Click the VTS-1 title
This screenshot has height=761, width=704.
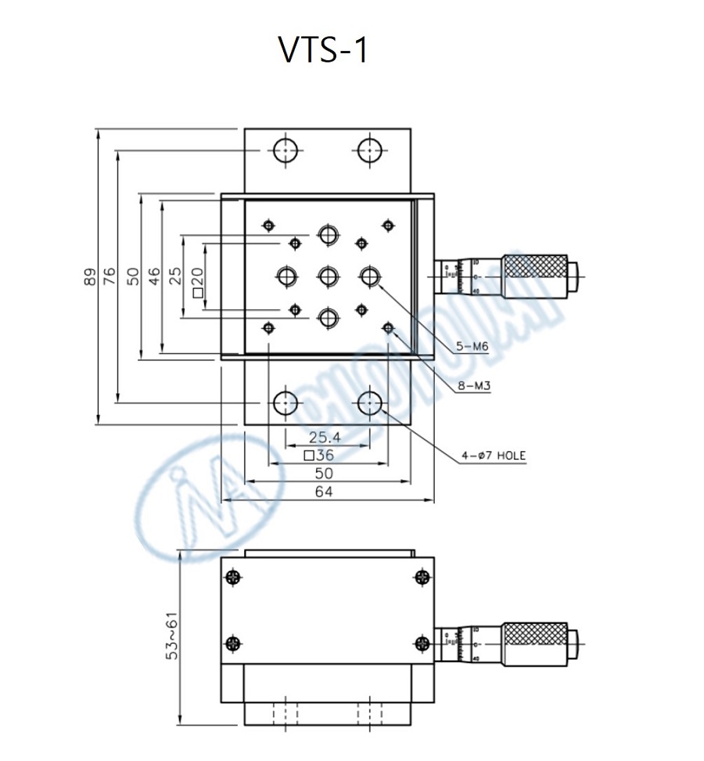point(322,50)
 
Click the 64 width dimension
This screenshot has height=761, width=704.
point(324,492)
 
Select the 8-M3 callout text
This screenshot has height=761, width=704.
point(472,385)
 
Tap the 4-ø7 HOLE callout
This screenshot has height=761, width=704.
point(493,455)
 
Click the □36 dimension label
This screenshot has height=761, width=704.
point(318,455)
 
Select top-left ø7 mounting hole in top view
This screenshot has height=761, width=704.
point(286,149)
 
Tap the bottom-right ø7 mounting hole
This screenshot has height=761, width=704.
point(370,404)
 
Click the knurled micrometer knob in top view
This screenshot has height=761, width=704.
point(534,276)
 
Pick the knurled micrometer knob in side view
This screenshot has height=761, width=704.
point(534,644)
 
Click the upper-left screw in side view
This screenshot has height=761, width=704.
point(232,578)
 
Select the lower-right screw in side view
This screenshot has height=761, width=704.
point(422,644)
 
